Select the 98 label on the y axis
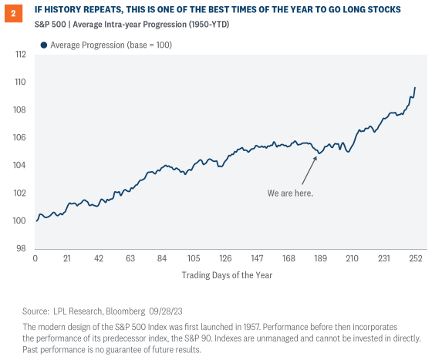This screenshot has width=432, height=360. click(20, 247)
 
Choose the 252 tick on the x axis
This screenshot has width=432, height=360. click(416, 259)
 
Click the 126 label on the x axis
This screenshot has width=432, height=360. click(225, 259)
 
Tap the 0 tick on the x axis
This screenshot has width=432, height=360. click(35, 259)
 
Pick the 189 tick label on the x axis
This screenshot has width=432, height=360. click(320, 259)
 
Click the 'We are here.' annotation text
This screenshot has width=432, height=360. click(290, 193)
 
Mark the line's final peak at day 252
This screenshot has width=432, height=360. click(415, 87)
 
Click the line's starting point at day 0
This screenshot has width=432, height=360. click(36, 220)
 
